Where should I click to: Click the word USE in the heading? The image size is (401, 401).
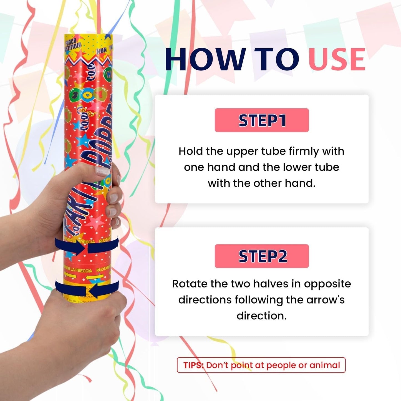pyautogui.click(x=337, y=60)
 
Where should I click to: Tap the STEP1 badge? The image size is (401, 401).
pyautogui.click(x=262, y=120)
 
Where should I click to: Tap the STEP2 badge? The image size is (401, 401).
pyautogui.click(x=262, y=256)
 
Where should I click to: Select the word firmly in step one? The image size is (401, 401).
pyautogui.click(x=304, y=151)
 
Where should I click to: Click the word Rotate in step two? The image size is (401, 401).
pyautogui.click(x=189, y=284)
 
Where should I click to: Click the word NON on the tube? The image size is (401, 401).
pyautogui.click(x=102, y=51)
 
